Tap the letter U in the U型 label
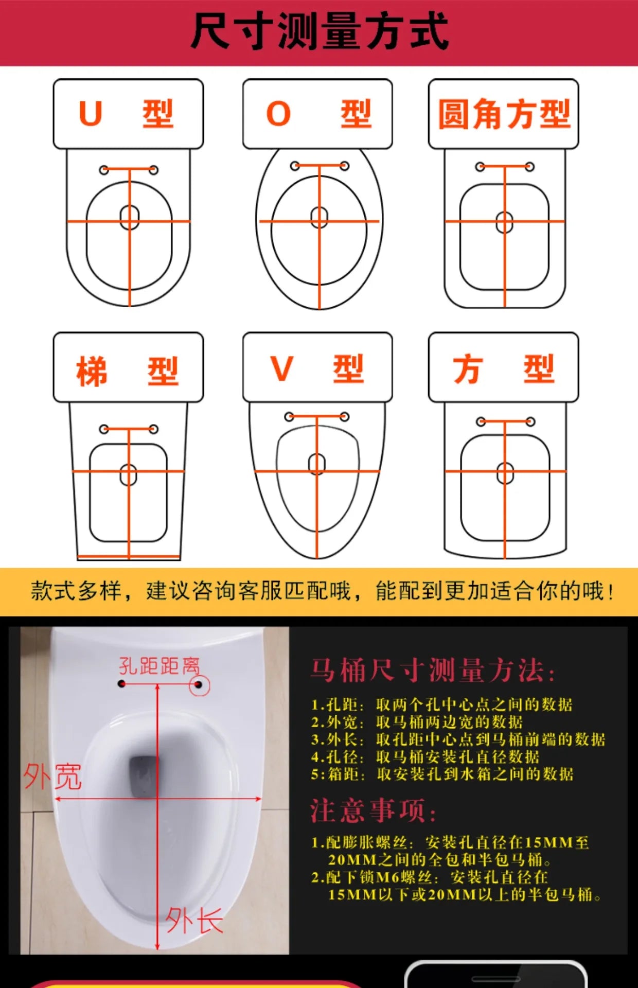(91, 113)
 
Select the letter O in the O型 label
(278, 113)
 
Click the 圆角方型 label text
(504, 114)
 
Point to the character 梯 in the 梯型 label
(92, 371)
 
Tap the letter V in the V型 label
(281, 368)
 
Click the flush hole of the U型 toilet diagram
(130, 217)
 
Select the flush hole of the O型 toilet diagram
(320, 217)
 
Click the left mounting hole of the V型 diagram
(289, 416)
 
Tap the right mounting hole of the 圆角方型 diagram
(529, 167)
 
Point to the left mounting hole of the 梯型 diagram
(104, 429)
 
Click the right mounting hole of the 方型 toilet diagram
(530, 422)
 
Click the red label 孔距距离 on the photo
(159, 665)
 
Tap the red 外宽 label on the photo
(52, 776)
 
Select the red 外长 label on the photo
(194, 920)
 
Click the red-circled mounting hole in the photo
(199, 685)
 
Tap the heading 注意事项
(373, 810)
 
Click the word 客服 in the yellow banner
(260, 591)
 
